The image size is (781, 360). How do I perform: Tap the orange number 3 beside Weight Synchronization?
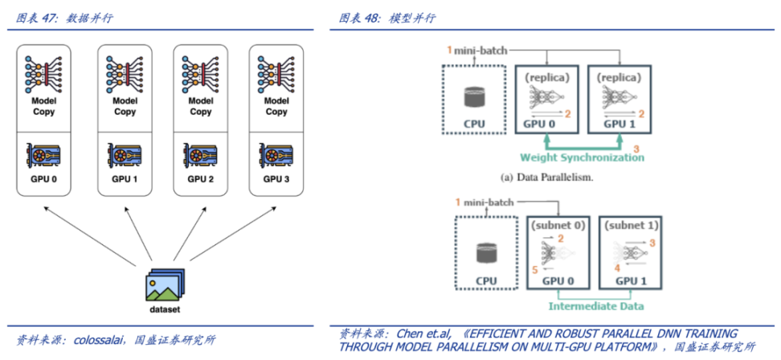[636, 149]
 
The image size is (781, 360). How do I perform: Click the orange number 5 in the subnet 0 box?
[534, 271]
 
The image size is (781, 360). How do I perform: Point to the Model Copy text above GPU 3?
[276, 106]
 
